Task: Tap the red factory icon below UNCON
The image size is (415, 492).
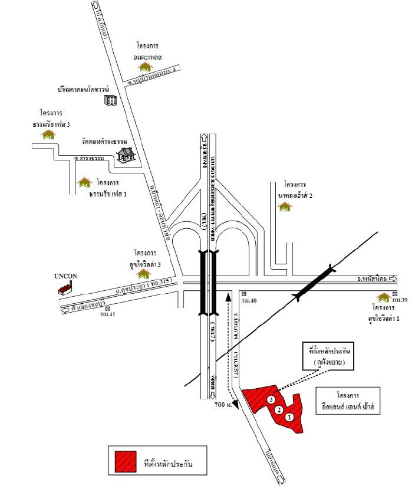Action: pyautogui.click(x=65, y=288)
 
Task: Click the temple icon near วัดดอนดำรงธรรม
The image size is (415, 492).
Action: pyautogui.click(x=126, y=154)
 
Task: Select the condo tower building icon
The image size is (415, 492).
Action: pyautogui.click(x=110, y=100)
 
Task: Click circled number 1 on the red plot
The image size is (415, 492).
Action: pyautogui.click(x=289, y=416)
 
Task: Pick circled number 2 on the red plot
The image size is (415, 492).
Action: pyautogui.click(x=279, y=409)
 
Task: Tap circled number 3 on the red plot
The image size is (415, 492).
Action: pyautogui.click(x=271, y=399)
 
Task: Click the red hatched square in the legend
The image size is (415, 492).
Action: pyautogui.click(x=126, y=462)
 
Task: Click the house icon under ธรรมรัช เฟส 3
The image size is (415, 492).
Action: pyautogui.click(x=47, y=135)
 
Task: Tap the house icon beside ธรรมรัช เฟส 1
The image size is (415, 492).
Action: pyautogui.click(x=85, y=182)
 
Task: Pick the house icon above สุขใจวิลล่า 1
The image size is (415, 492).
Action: pyautogui.click(x=386, y=297)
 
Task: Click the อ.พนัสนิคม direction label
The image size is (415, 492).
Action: pyautogui.click(x=375, y=277)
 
